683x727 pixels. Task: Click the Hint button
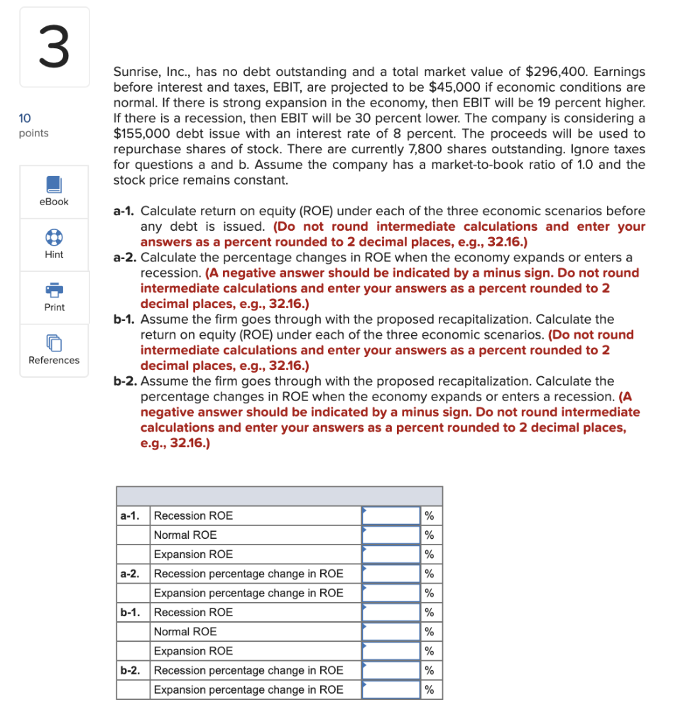[x=54, y=244]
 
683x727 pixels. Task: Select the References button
[x=54, y=350]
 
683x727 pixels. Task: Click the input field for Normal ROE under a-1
[x=391, y=535]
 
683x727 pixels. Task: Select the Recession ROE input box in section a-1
[x=391, y=515]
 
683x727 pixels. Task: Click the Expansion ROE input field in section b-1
[x=391, y=651]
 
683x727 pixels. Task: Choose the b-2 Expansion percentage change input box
[x=391, y=689]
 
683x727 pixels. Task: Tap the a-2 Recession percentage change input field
[x=391, y=574]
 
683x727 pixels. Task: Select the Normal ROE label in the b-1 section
[x=185, y=632]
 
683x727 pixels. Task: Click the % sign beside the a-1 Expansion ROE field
[x=428, y=554]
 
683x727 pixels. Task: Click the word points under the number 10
[x=34, y=133]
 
